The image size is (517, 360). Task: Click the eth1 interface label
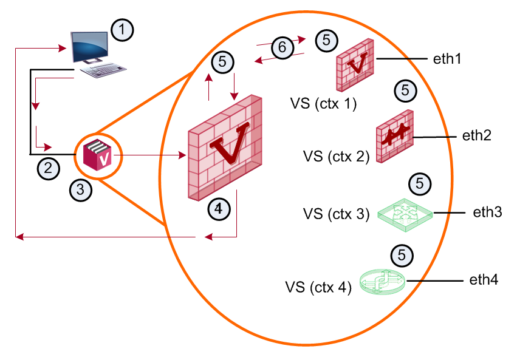click(447, 59)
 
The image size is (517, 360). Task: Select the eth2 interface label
click(477, 135)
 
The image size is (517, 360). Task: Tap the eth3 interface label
click(487, 212)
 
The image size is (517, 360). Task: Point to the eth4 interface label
click(484, 280)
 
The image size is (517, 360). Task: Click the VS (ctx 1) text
click(323, 104)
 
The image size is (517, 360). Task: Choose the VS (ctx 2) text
click(337, 157)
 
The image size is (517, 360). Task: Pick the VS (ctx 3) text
click(337, 214)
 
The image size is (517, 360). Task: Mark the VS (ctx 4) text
click(318, 287)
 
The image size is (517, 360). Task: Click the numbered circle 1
click(122, 30)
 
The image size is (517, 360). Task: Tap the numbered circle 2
click(49, 169)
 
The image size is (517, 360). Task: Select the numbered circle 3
click(81, 190)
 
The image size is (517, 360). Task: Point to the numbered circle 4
click(219, 209)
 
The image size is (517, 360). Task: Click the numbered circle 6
click(282, 47)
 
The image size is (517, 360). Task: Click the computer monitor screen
click(90, 46)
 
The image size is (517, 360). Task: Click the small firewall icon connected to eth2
click(395, 136)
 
